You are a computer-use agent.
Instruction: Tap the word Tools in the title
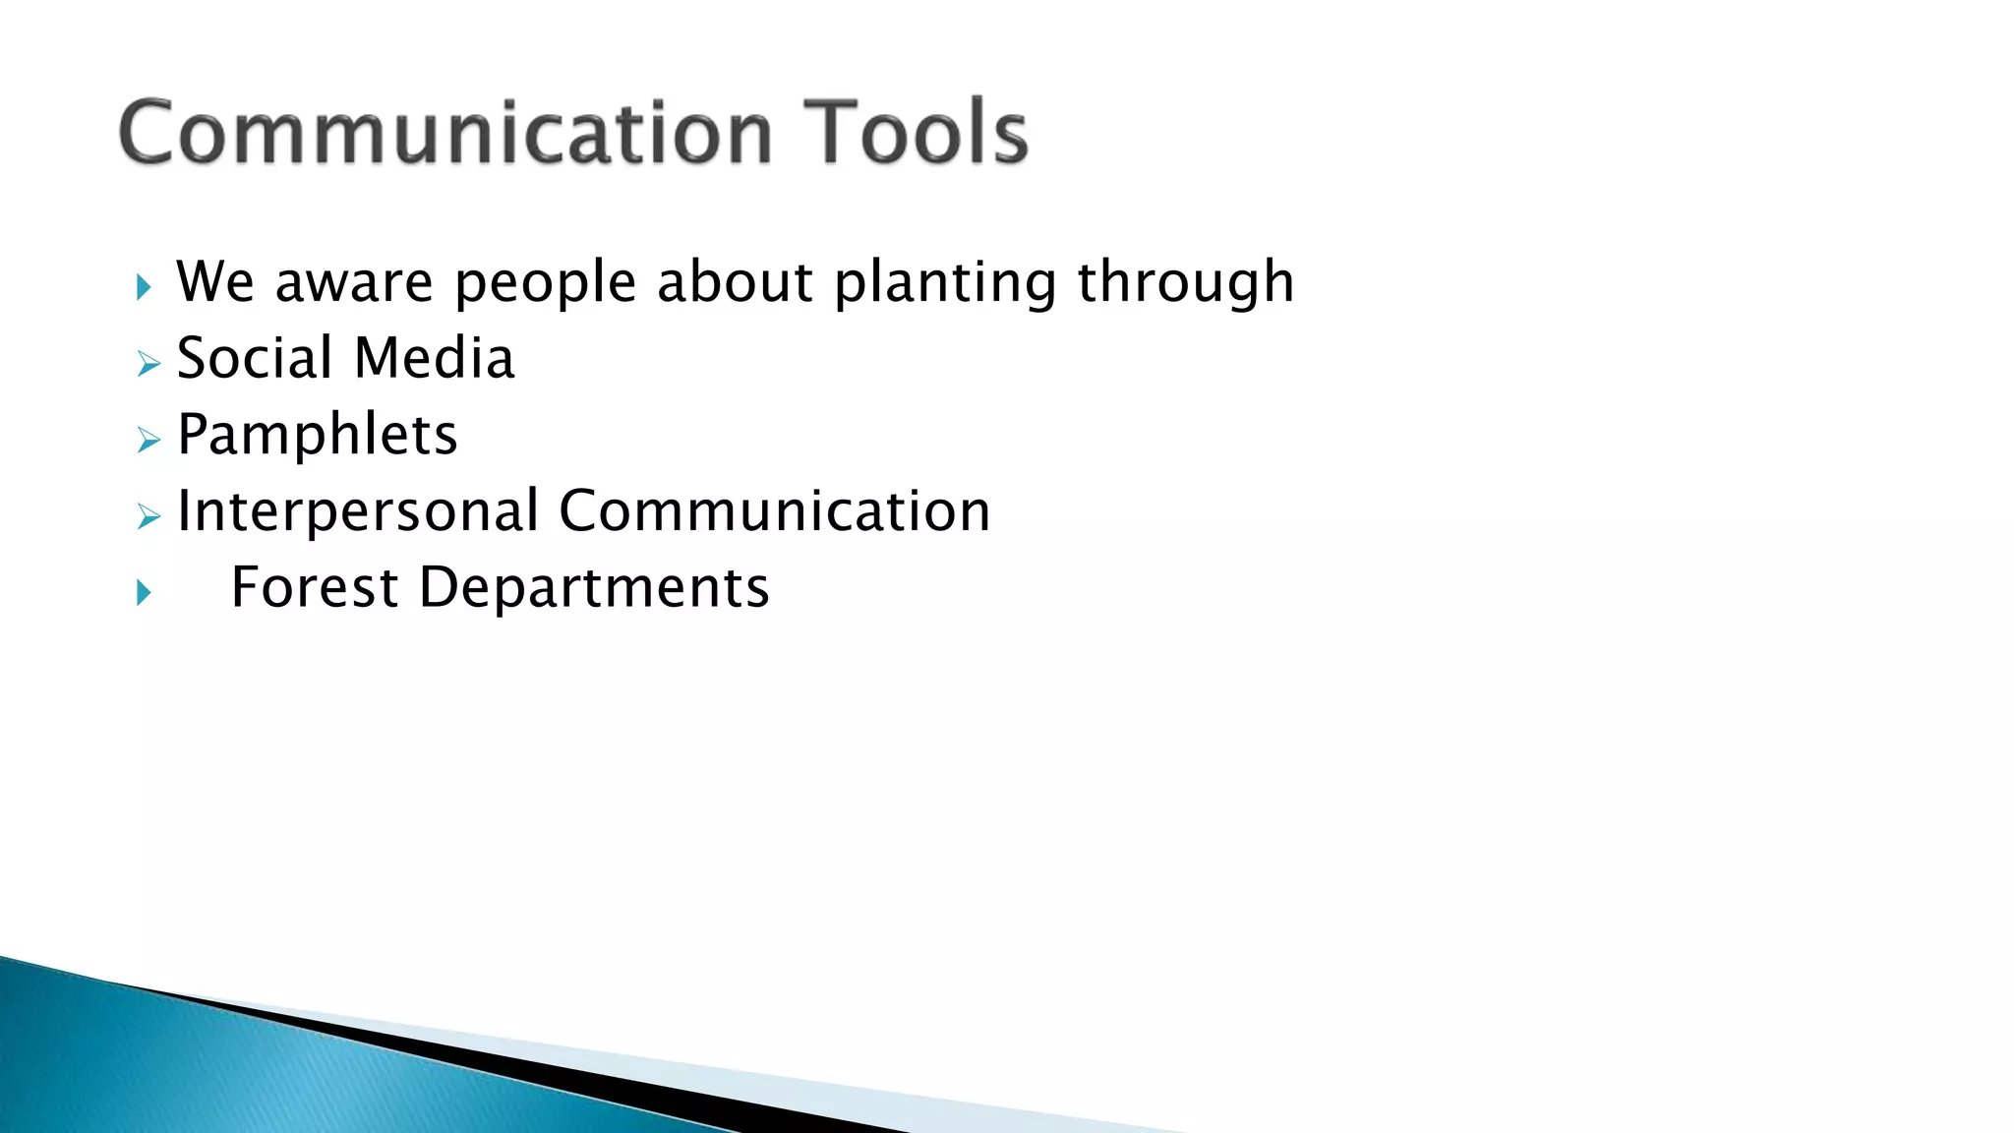pos(916,133)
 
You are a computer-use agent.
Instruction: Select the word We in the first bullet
pos(215,282)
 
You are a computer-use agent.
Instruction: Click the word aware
pos(354,284)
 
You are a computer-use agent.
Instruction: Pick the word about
pos(735,282)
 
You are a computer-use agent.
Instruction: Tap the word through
pos(1185,284)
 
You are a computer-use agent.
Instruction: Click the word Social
pos(255,358)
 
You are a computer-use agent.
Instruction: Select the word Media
pos(434,358)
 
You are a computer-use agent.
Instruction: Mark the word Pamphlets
pos(318,436)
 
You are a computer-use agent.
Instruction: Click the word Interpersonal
pos(357,512)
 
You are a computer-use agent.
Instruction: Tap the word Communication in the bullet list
pos(774,511)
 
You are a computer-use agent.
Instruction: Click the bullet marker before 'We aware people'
pos(145,287)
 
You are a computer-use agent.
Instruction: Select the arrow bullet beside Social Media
pos(148,365)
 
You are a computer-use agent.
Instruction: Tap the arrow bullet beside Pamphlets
pos(148,441)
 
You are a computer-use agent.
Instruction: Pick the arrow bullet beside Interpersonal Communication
pos(148,516)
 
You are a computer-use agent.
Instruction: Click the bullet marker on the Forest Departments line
pos(145,592)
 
